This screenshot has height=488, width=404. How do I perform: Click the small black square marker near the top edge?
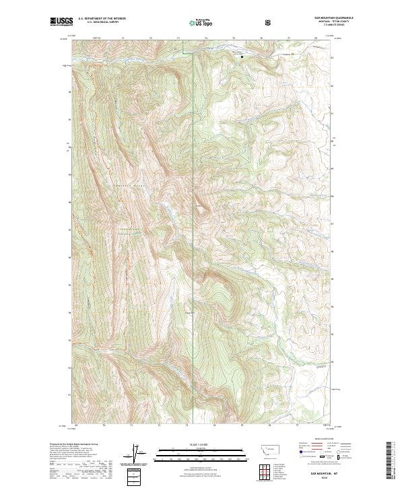click(x=242, y=57)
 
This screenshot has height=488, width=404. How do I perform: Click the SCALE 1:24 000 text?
click(x=193, y=445)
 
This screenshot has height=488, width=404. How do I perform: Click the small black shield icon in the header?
click(x=269, y=22)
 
